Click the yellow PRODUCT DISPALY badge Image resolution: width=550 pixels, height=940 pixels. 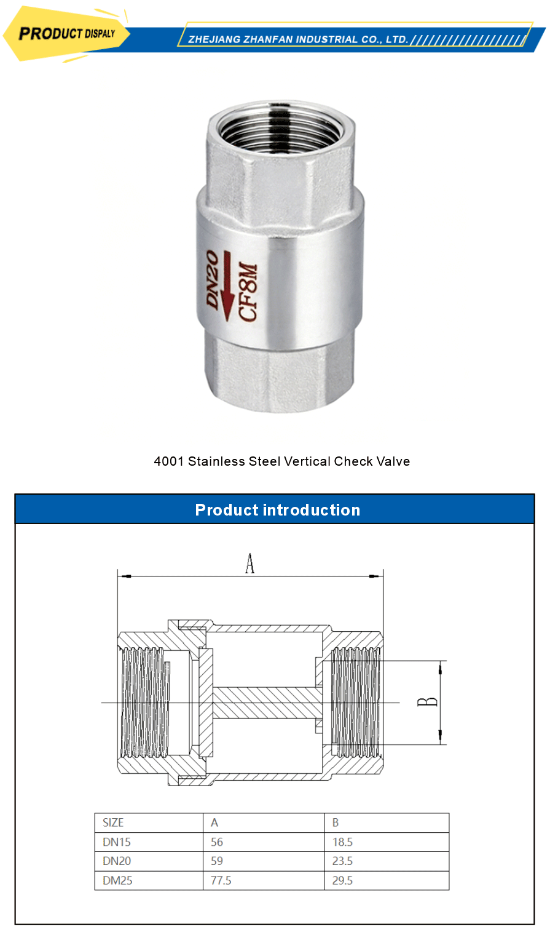pos(66,33)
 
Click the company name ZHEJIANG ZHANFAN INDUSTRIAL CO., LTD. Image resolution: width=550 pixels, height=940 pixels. pos(298,39)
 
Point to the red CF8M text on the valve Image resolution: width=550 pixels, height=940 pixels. pos(248,293)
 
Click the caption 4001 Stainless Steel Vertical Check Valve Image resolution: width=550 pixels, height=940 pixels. pos(281,461)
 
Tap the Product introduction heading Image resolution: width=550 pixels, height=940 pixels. pos(277,510)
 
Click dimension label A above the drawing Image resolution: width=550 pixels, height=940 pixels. pos(249,563)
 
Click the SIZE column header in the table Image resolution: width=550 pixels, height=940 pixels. pos(113,822)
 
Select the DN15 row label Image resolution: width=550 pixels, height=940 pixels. pos(117,842)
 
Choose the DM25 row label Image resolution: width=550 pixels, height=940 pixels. pos(117,880)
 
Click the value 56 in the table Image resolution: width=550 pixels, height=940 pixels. pos(217,842)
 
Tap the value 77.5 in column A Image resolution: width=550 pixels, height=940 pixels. pos(221,880)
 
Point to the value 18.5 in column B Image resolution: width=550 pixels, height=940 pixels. pos(342,842)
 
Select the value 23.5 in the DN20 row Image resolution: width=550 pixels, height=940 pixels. pos(342,861)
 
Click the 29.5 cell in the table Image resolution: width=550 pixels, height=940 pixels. pos(342,880)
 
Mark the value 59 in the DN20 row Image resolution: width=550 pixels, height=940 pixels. pos(217,861)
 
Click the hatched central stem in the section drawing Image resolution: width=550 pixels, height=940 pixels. pos(267,703)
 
